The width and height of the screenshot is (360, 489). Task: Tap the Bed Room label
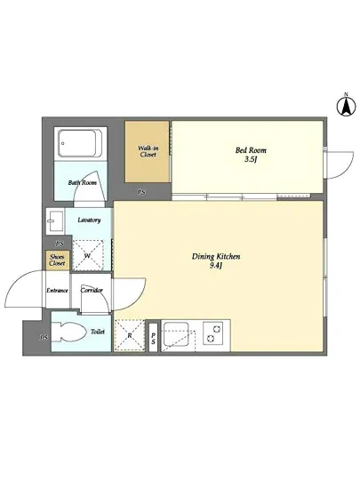click(x=251, y=150)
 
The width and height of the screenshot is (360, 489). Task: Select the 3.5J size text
click(x=251, y=160)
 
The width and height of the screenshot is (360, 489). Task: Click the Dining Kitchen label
click(x=216, y=257)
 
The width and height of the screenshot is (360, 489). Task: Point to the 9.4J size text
click(x=216, y=266)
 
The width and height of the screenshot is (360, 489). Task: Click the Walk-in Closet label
click(x=148, y=151)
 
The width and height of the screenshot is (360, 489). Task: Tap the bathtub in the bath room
click(x=81, y=144)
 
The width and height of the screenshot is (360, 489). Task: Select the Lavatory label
click(x=89, y=220)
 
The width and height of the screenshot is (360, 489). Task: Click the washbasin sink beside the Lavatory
click(x=55, y=221)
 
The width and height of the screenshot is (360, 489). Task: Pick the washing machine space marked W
click(x=88, y=255)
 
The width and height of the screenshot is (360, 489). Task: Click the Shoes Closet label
click(x=57, y=261)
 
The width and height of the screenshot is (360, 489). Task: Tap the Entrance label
click(x=57, y=291)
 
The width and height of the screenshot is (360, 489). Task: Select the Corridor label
click(x=92, y=291)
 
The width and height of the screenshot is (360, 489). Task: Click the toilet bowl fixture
click(x=69, y=333)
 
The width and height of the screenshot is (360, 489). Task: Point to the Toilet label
click(x=98, y=332)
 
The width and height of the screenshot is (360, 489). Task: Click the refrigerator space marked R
click(x=130, y=336)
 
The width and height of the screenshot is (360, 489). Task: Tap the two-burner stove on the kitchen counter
click(x=213, y=333)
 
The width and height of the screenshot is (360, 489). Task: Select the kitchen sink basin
click(x=176, y=334)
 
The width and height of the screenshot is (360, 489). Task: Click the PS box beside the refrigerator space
click(x=154, y=339)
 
